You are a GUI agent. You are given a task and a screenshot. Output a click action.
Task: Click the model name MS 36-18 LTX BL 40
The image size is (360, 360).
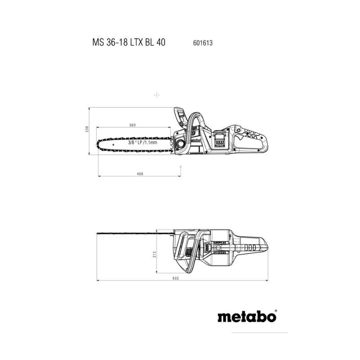point(129,42)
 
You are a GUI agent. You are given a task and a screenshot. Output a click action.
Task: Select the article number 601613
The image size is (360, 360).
point(203,43)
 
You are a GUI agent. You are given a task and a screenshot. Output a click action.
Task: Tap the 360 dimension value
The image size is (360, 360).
point(132,125)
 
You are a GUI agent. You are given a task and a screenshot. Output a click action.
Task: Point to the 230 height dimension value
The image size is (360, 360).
point(86,129)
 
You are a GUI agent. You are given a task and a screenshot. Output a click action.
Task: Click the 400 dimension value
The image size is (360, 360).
point(140,174)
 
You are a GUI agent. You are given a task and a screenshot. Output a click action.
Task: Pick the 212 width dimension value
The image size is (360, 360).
point(154,254)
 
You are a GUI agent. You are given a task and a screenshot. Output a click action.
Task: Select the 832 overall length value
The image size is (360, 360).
point(175,278)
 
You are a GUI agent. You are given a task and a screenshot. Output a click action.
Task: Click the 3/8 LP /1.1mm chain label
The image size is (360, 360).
point(143,143)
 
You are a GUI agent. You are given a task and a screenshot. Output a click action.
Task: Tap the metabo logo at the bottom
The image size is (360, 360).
point(247,317)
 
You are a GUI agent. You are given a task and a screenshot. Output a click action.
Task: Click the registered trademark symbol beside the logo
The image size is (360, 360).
point(276,310)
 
